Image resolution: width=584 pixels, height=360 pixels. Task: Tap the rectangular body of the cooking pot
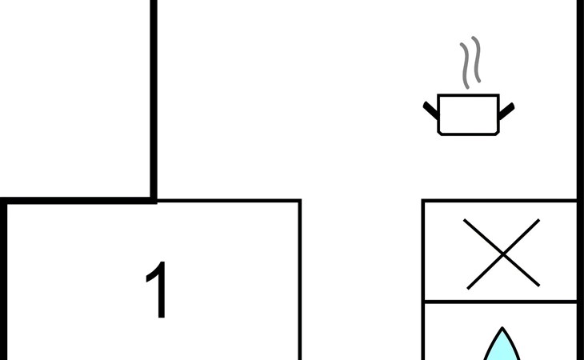click(x=468, y=114)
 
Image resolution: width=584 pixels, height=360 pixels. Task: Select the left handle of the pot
click(x=430, y=110)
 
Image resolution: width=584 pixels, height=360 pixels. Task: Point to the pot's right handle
click(x=506, y=111)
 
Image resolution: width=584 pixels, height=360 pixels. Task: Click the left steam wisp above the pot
click(x=465, y=66)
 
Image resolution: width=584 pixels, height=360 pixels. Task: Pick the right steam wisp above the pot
click(x=476, y=59)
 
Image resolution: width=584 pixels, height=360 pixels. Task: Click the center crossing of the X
click(x=503, y=254)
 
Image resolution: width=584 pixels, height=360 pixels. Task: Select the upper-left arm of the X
click(x=483, y=237)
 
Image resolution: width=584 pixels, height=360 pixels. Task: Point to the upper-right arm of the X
click(x=522, y=237)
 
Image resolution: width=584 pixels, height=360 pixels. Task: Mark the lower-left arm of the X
click(x=485, y=272)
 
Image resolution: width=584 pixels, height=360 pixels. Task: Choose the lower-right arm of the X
click(x=522, y=270)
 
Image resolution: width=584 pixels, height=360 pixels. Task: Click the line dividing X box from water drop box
click(x=500, y=302)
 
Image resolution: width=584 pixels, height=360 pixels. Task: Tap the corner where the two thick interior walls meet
click(x=153, y=201)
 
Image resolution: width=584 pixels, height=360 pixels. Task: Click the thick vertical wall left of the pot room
click(x=153, y=101)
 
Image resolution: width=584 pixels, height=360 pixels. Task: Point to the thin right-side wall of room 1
click(x=299, y=280)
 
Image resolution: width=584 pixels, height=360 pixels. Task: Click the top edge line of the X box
click(x=499, y=201)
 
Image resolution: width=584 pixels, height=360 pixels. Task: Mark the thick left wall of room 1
click(x=4, y=280)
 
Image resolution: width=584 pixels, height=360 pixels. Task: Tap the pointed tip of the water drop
click(x=502, y=327)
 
